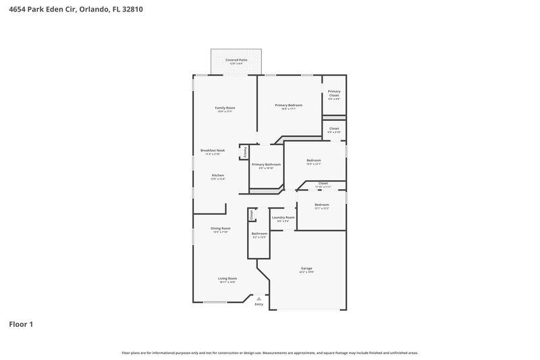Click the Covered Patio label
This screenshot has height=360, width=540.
tap(236, 60)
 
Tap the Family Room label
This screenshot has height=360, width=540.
tap(225, 108)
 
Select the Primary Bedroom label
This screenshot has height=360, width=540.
tap(288, 105)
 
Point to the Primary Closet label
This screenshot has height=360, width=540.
tap(333, 93)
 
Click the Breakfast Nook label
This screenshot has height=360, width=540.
tap(212, 151)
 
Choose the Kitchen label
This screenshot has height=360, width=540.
tap(218, 176)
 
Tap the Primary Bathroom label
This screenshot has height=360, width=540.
tap(266, 165)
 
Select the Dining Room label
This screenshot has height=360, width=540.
tap(221, 228)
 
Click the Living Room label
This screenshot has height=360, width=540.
tap(227, 278)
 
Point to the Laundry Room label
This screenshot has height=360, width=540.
tap(283, 217)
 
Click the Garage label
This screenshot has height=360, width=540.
tap(306, 268)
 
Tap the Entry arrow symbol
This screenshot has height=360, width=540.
tap(259, 298)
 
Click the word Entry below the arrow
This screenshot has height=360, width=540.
tap(259, 305)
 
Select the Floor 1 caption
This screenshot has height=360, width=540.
tap(21, 324)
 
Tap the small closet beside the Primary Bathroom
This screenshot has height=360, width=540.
tap(244, 153)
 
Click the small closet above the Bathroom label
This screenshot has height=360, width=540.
tap(251, 215)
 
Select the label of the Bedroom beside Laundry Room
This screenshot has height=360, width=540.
tap(321, 205)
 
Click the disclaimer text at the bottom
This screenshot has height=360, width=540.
tap(270, 353)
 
